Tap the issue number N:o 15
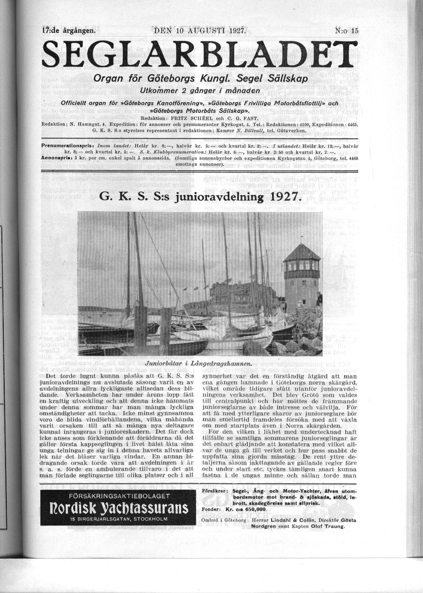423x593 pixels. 346,30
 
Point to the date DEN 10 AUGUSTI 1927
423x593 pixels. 200,30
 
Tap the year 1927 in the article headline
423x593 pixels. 284,197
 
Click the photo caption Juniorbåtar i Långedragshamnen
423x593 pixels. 199,364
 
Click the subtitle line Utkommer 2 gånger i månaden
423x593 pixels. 200,91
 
